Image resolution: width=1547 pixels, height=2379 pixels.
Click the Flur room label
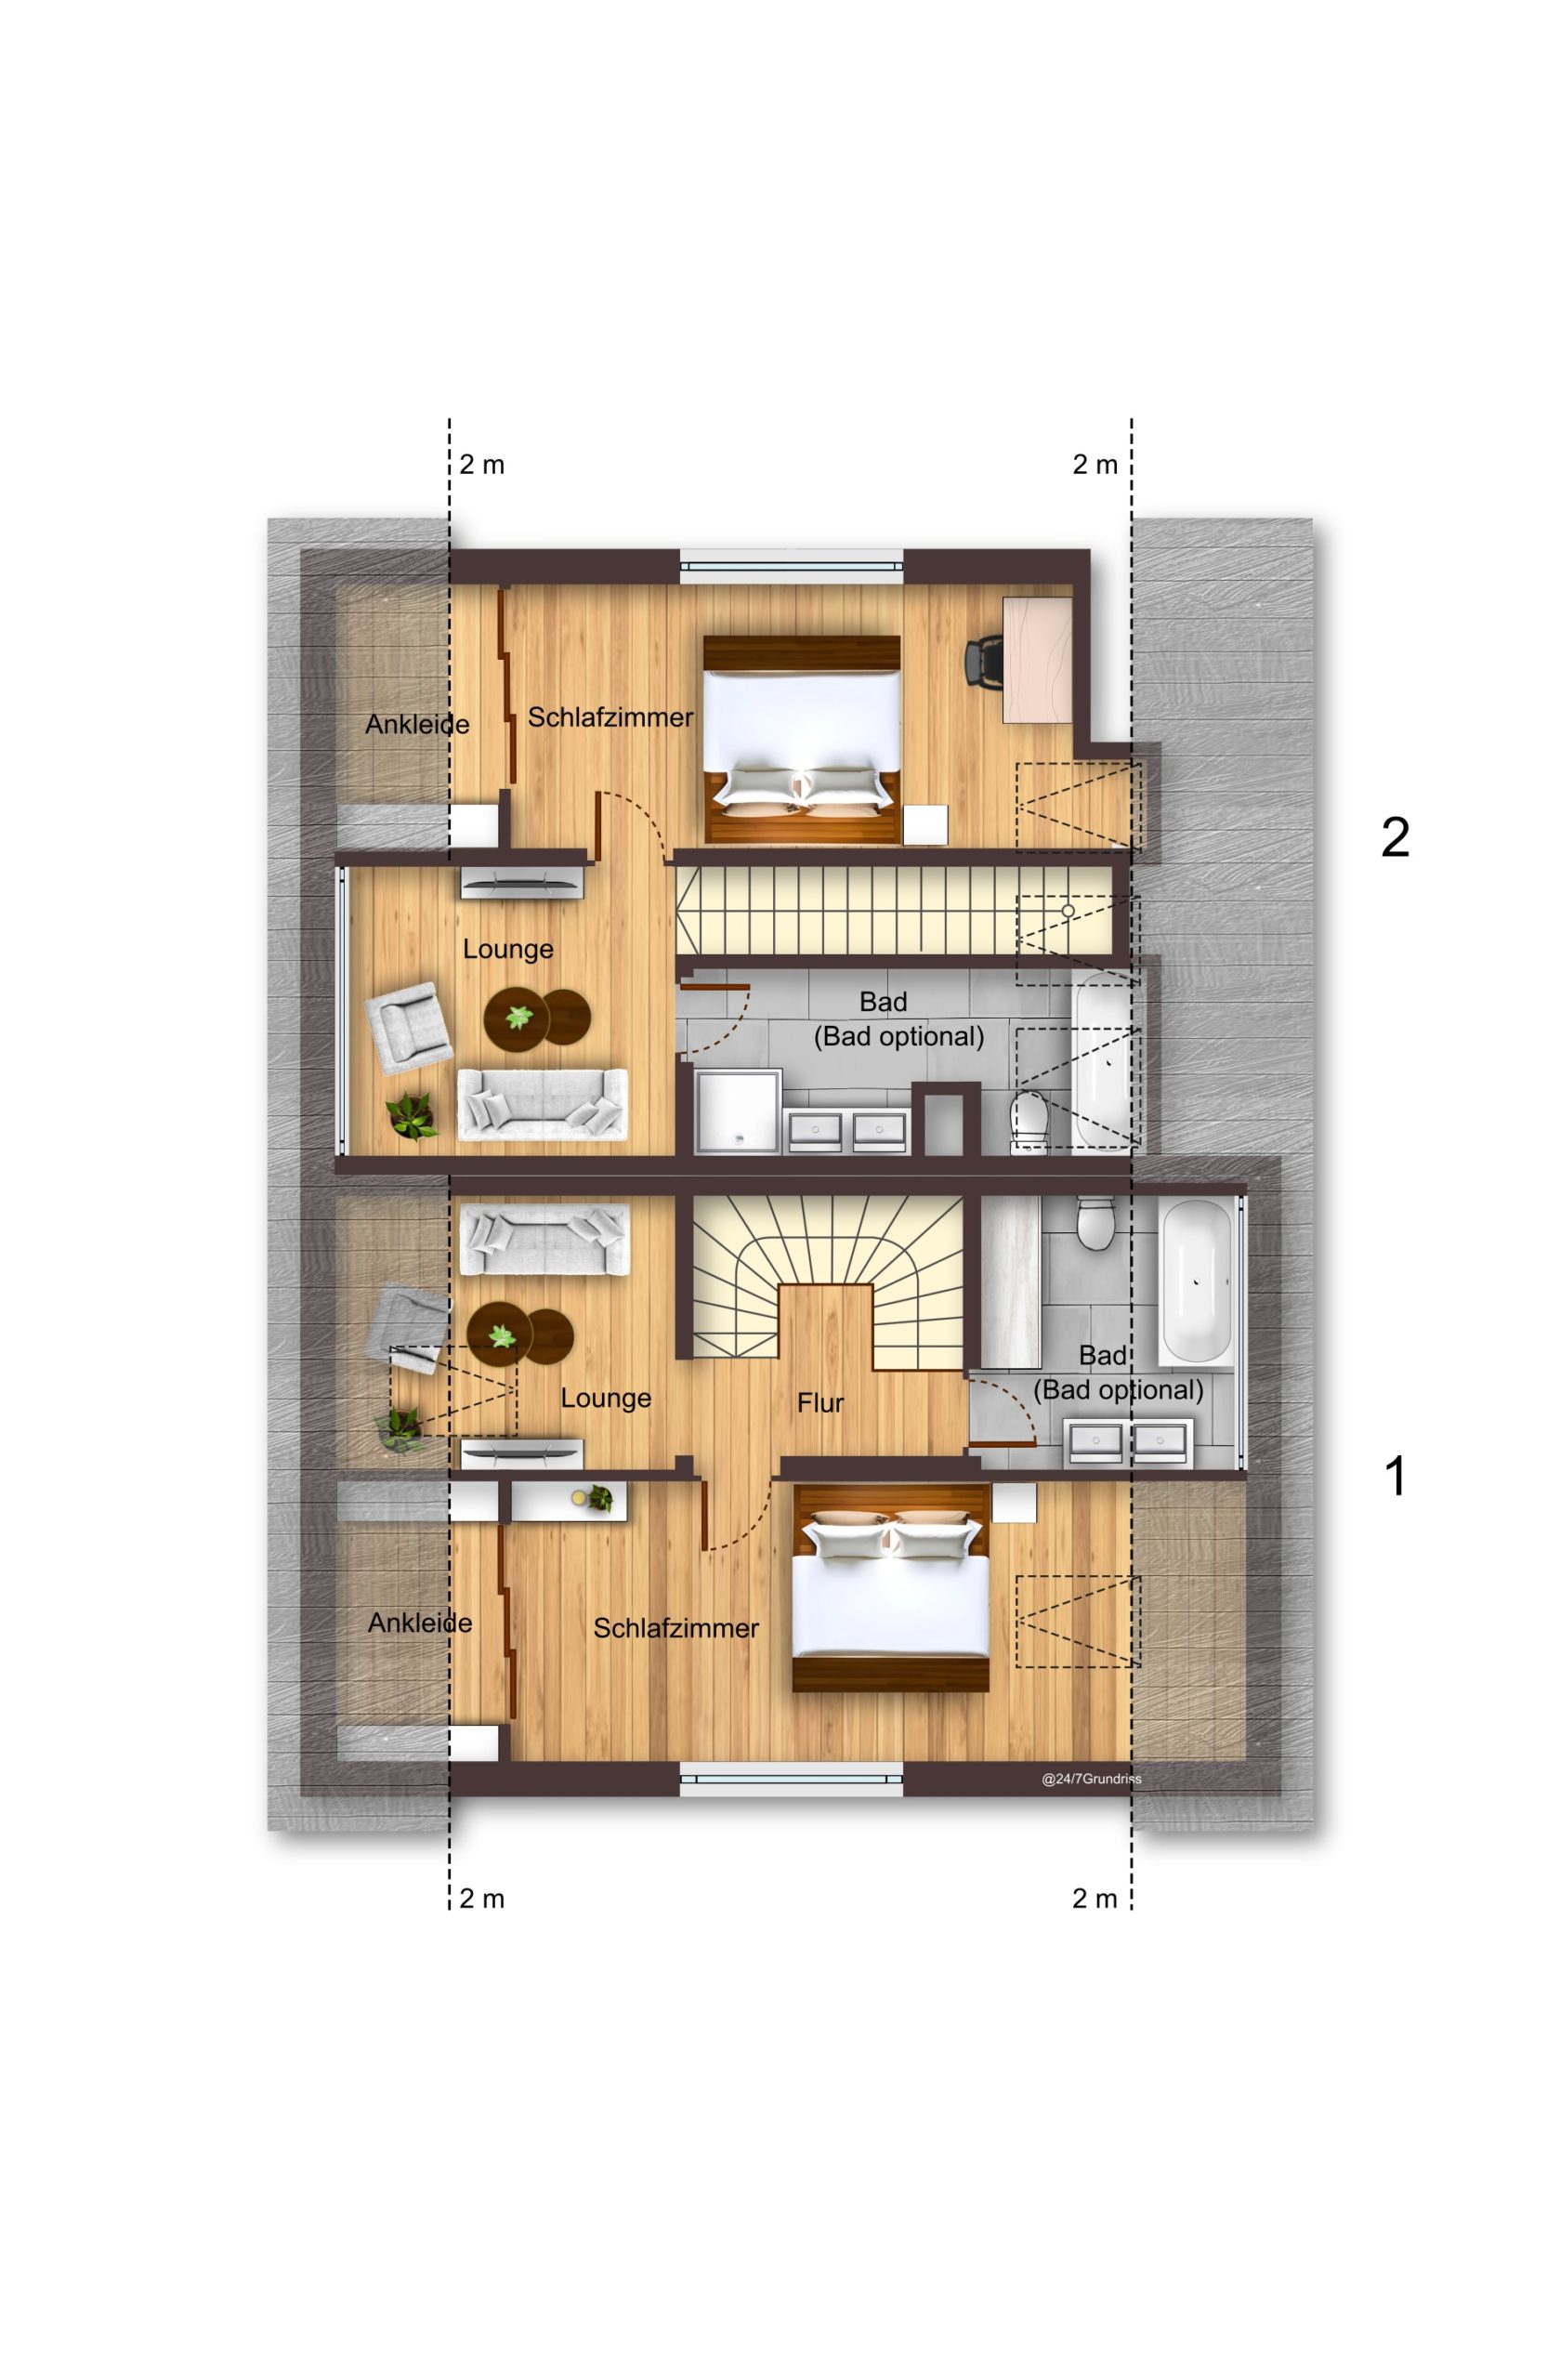(819, 1403)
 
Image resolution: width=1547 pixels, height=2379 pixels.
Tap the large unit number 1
(1396, 1477)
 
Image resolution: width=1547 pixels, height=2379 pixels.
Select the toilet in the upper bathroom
(1029, 1122)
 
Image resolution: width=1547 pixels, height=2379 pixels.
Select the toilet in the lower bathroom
(1097, 1222)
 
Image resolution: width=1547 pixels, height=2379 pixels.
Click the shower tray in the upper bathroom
(739, 1111)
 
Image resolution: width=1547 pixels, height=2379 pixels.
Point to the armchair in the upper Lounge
(408, 1028)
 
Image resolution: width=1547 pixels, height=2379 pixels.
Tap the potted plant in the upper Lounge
(412, 1116)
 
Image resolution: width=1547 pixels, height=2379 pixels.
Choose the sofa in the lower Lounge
(544, 1240)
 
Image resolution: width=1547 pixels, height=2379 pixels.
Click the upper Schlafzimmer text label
(610, 716)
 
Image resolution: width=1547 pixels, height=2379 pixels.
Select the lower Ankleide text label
(420, 1623)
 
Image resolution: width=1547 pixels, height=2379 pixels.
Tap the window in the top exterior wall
(792, 565)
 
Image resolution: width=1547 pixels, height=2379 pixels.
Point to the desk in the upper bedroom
(1037, 659)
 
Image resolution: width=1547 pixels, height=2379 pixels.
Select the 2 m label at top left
(481, 465)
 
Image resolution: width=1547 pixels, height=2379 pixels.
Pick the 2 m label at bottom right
(1095, 1899)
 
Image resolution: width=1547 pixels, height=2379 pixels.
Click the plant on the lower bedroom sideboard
(598, 1497)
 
